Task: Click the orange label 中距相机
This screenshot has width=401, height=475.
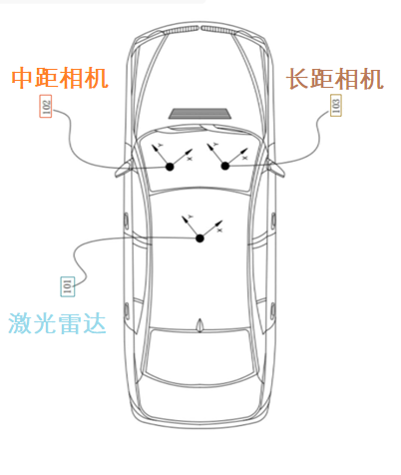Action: (x=60, y=78)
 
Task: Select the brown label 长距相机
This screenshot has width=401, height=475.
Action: (x=335, y=78)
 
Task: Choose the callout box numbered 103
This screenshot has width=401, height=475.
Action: (x=335, y=106)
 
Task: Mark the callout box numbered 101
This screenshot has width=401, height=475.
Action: (x=67, y=287)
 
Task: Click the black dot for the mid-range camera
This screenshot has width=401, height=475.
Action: (x=171, y=166)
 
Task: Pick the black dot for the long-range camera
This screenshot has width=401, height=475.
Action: (x=225, y=166)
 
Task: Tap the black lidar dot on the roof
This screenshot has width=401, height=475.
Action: (x=199, y=237)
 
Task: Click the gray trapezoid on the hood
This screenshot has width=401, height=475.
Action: (x=200, y=114)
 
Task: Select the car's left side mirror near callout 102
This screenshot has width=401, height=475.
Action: (x=125, y=166)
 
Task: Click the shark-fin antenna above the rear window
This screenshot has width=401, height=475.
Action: (x=200, y=324)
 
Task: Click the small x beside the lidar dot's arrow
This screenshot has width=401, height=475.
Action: (x=218, y=230)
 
